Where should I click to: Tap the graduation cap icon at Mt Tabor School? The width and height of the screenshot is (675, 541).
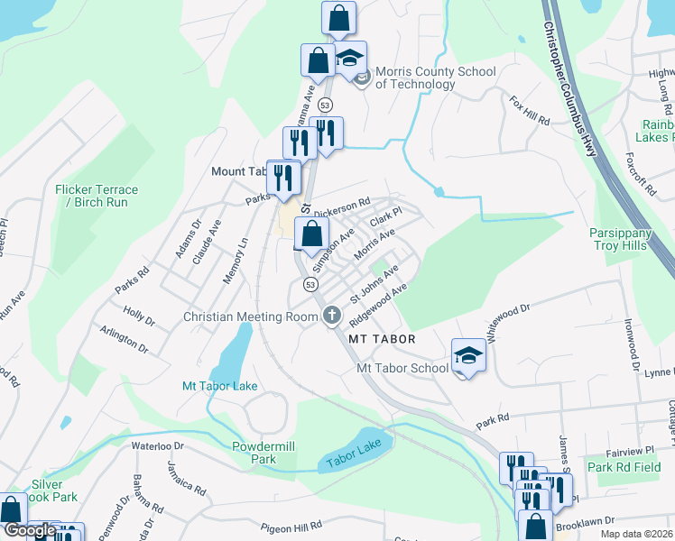468,355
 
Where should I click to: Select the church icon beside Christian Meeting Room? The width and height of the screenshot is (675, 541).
331,316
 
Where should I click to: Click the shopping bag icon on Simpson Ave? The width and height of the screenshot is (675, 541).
311,234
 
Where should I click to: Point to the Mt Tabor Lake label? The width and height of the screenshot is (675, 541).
220,386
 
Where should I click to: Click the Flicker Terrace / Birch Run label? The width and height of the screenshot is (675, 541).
97,196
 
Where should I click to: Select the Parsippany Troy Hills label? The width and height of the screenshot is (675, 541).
632,239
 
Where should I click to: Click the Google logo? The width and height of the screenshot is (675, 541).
30,531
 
